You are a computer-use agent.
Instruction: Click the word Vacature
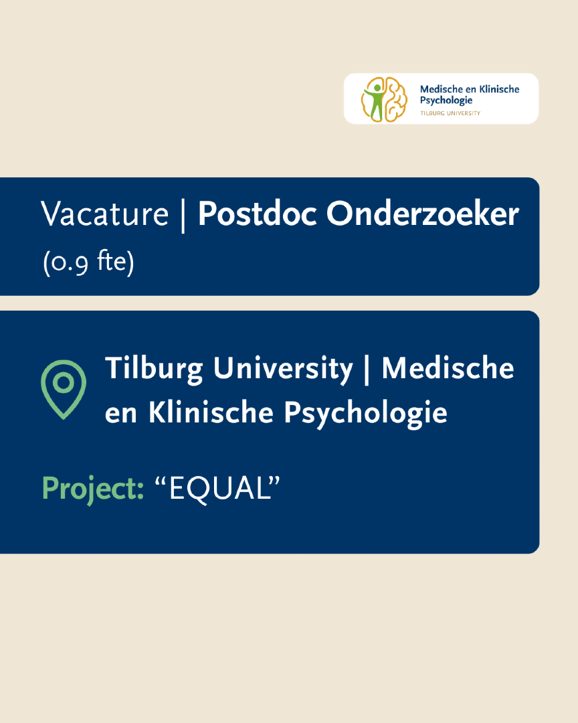[x=104, y=214]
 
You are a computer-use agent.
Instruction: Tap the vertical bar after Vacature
[x=183, y=216]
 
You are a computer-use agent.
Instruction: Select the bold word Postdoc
[x=257, y=214]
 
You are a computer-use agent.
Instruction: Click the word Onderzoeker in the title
[x=423, y=214]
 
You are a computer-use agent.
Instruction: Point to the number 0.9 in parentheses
[x=69, y=262]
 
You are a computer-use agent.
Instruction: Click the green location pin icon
[x=64, y=390]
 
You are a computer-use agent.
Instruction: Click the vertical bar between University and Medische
[x=367, y=370]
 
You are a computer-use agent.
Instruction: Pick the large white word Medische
[x=448, y=368]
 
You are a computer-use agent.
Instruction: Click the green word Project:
[x=92, y=489]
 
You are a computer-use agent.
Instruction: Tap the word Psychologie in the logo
[x=446, y=100]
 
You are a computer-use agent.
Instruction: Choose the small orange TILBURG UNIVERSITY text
[x=450, y=113]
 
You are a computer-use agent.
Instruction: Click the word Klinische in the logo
[x=499, y=89]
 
